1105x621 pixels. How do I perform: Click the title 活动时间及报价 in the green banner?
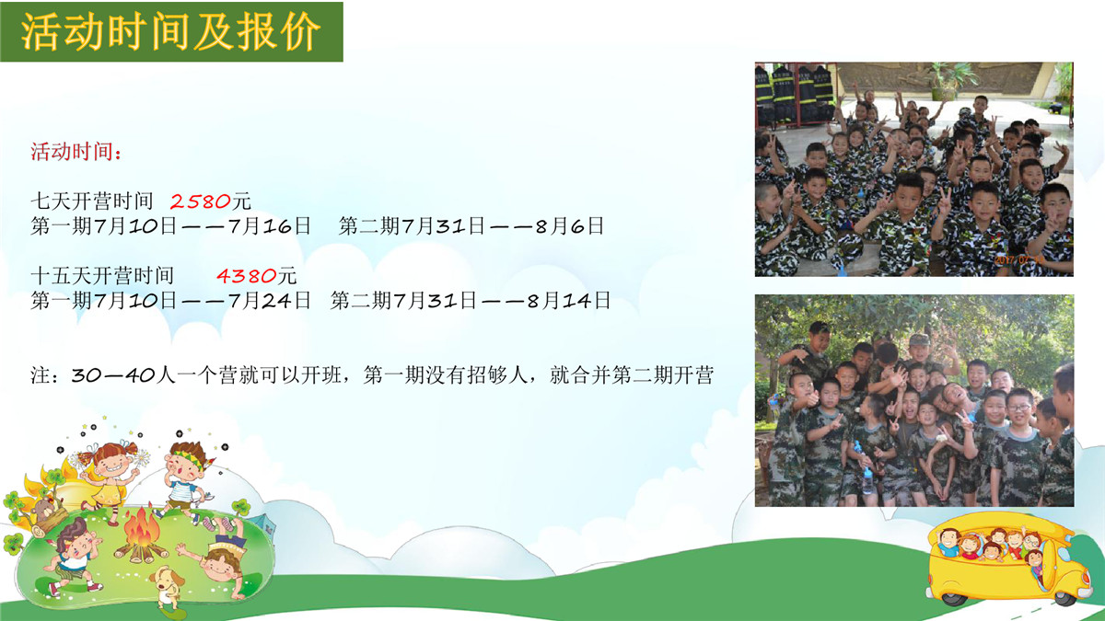pos(170,31)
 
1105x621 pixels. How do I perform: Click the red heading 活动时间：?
pos(76,151)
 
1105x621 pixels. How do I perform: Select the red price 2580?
pos(201,201)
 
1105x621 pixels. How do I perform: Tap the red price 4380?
pos(246,275)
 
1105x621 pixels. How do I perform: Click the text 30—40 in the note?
pos(113,375)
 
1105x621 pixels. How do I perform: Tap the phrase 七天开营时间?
pos(92,201)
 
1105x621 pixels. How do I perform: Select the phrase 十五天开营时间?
pos(102,275)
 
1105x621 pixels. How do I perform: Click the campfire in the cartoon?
pos(141,536)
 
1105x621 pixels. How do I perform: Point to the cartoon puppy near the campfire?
pos(168,589)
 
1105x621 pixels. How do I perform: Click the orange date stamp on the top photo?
pos(1018,259)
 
